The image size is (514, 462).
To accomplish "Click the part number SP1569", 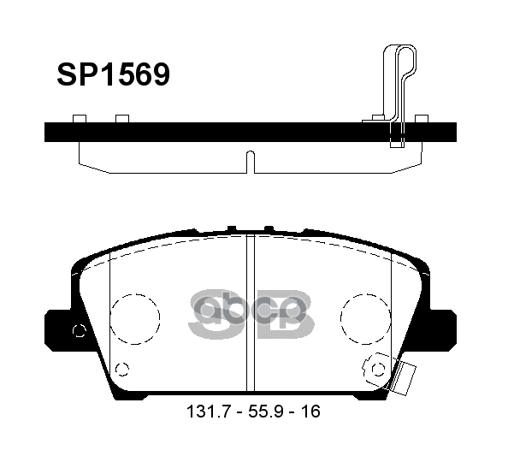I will coord(113,75).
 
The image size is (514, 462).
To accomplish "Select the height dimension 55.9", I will coord(264,412).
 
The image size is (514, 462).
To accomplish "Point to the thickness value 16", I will coord(310,412).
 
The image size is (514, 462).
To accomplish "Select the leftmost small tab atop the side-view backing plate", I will coord(80,118).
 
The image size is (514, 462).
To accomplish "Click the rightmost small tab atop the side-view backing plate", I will coord(421,118).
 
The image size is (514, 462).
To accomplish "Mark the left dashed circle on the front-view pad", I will coord(135,318).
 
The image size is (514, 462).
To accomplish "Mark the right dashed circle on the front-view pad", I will coord(365,318).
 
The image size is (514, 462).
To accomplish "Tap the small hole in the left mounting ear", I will coord(80,331).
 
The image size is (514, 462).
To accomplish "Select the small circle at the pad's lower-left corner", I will coord(121,370).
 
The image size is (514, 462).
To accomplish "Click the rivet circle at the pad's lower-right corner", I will coord(377,368).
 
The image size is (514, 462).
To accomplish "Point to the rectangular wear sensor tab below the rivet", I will coord(405,376).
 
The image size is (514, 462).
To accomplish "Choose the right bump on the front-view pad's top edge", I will coord(269,228).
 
